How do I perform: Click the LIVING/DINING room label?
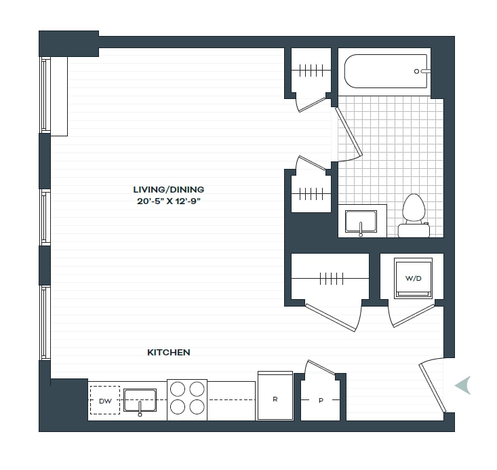tap(168, 190)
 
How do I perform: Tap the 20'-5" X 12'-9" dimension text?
tap(169, 201)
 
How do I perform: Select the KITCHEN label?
tap(169, 353)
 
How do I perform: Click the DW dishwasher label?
tap(105, 401)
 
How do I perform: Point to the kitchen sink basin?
tap(140, 400)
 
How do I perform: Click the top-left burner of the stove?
tap(178, 389)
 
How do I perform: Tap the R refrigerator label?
tap(275, 399)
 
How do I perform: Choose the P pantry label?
tap(321, 401)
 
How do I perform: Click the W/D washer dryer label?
tap(414, 279)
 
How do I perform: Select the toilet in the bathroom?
tap(414, 216)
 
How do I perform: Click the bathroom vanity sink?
tap(361, 221)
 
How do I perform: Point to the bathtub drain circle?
tap(416, 71)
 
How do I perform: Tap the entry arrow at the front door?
tap(463, 385)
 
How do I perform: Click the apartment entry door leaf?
tap(433, 388)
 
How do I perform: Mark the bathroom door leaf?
tap(349, 132)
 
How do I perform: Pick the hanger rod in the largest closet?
tap(330, 279)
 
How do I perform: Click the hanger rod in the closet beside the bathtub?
tap(311, 71)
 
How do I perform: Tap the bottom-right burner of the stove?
tap(197, 407)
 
